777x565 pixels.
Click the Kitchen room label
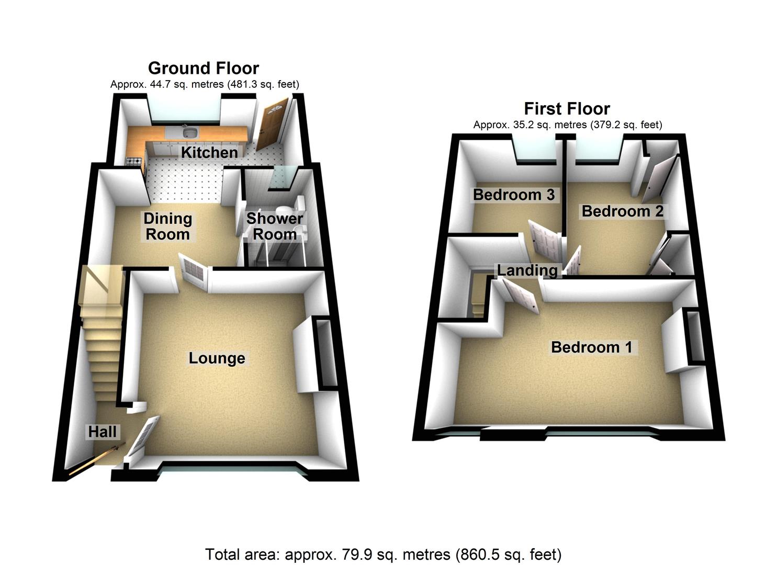[x=209, y=152]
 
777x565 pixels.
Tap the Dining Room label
[x=167, y=226]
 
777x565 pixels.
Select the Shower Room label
[x=275, y=226]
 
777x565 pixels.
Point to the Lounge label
[x=217, y=358]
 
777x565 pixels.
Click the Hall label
[x=103, y=432]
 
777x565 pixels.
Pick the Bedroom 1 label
[x=592, y=347]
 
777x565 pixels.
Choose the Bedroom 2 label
[x=622, y=211]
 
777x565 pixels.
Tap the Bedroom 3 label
[x=513, y=195]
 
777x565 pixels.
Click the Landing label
[x=527, y=270]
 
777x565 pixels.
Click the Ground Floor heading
[x=204, y=68]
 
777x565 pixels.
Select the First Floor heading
[x=567, y=108]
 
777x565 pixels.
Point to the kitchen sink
[x=189, y=133]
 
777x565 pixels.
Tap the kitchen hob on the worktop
[x=134, y=161]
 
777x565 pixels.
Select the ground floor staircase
[x=102, y=345]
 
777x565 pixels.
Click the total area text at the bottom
[x=383, y=554]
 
